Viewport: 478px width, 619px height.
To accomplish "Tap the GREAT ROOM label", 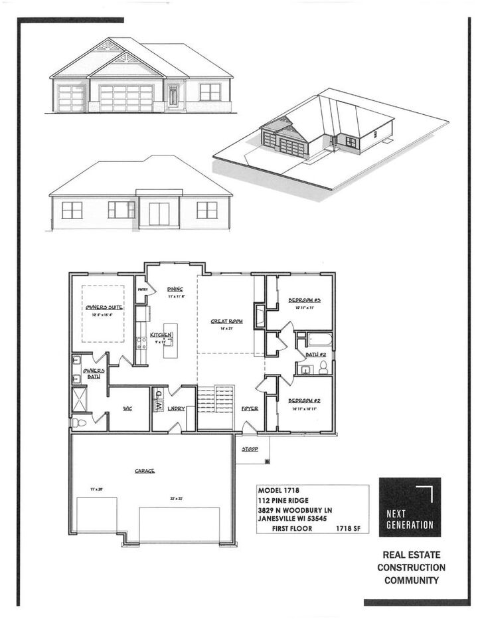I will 226,321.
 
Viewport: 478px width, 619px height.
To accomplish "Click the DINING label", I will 175,289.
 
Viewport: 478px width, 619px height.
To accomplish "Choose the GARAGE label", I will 145,470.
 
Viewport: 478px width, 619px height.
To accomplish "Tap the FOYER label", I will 250,408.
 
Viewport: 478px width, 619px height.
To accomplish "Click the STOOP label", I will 250,449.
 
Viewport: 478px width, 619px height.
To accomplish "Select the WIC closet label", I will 127,408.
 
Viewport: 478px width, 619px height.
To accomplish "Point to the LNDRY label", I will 176,408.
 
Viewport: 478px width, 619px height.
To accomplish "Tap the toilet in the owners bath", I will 78,422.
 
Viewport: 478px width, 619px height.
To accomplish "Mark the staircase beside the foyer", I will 216,398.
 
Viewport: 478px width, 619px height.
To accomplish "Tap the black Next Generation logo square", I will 410,506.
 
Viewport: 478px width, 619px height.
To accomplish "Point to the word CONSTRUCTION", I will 411,567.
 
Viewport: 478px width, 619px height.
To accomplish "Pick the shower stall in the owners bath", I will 78,398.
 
